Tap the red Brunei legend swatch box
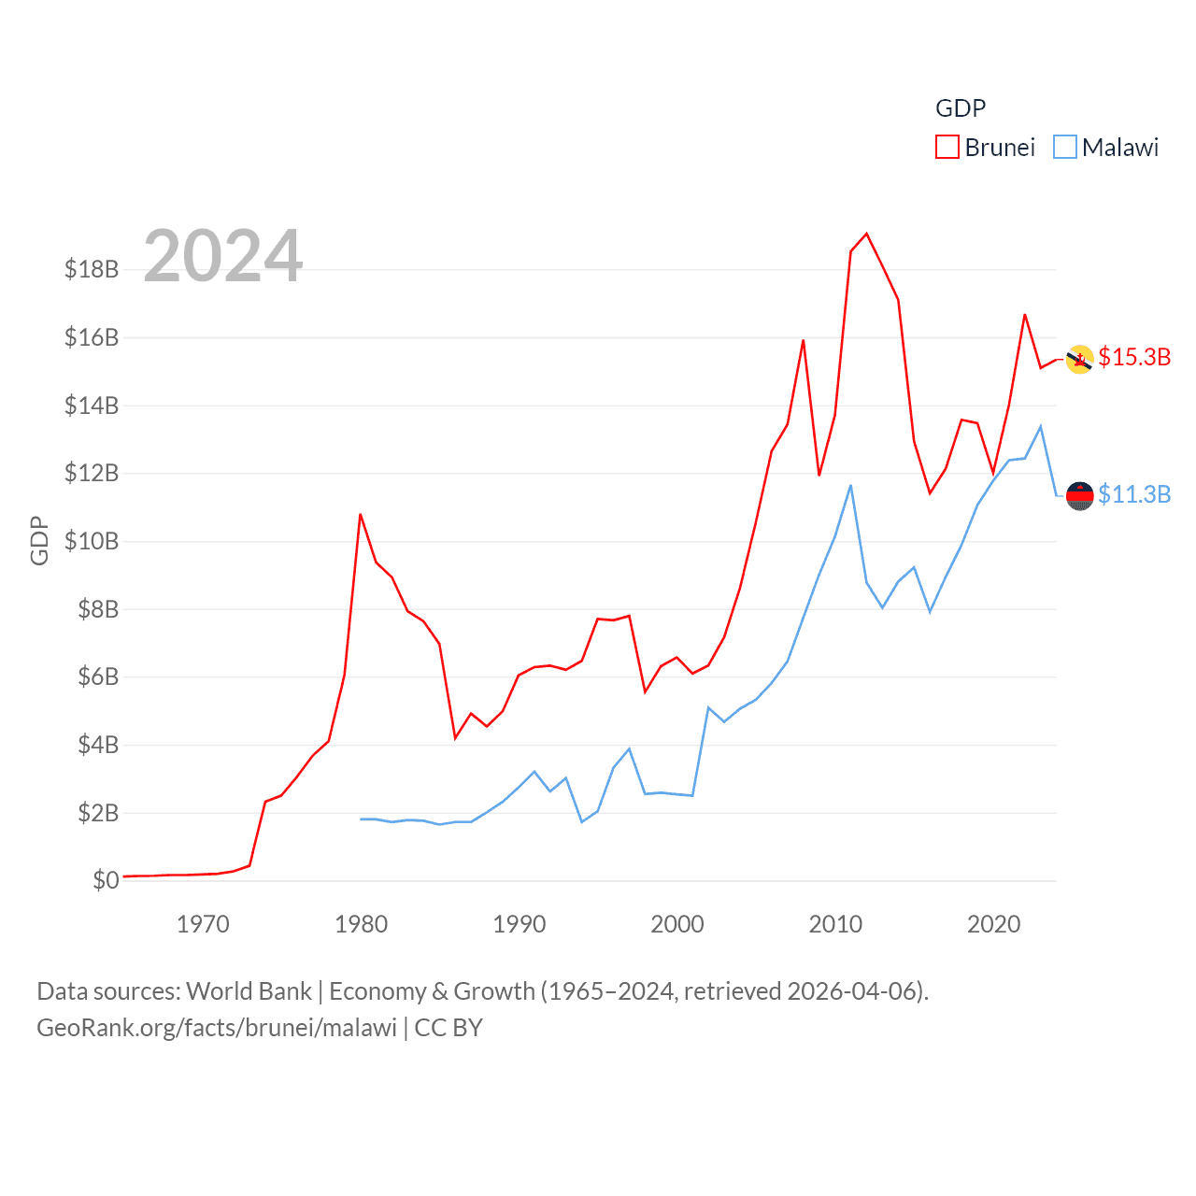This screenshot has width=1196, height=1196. coord(947,148)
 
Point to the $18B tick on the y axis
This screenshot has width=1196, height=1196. coord(92,269)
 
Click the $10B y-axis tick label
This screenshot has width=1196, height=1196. coord(92,541)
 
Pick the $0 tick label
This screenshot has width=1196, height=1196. coord(106,880)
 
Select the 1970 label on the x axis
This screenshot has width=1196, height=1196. coord(203,924)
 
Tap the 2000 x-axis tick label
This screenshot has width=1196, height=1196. coord(677,924)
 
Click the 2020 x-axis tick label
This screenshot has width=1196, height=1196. coord(993,924)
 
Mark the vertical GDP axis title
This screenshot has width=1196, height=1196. coord(39,540)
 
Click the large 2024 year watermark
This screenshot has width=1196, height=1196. coord(223,256)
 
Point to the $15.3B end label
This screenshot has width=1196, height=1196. coord(1134,357)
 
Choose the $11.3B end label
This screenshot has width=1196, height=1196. coord(1134,494)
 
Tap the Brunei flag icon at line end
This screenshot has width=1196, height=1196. coord(1080,359)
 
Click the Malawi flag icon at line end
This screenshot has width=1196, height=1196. coord(1080,496)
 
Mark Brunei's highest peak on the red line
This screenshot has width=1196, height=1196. coord(867,234)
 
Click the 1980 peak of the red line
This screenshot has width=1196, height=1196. coord(360,514)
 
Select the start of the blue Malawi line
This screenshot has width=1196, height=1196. coord(361,819)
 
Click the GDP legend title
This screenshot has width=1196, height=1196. coord(961,108)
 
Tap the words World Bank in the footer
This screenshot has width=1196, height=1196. coord(249,990)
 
